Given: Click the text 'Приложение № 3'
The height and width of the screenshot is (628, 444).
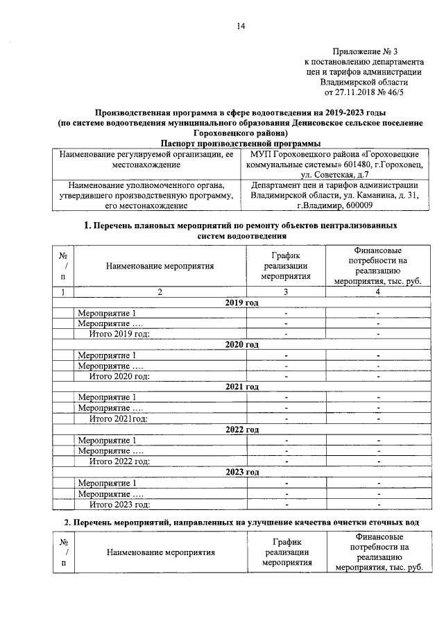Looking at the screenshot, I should (365, 51).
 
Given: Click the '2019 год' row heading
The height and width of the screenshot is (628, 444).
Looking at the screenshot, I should (242, 303).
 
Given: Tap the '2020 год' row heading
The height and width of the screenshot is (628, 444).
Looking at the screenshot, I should (242, 345).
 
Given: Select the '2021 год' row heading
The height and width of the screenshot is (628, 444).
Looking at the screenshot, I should (242, 387).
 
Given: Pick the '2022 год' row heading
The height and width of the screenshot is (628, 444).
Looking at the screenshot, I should (242, 430).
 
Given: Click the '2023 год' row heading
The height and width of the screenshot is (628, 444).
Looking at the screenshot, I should (242, 472).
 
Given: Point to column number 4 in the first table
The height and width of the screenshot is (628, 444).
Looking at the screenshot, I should (378, 292).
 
